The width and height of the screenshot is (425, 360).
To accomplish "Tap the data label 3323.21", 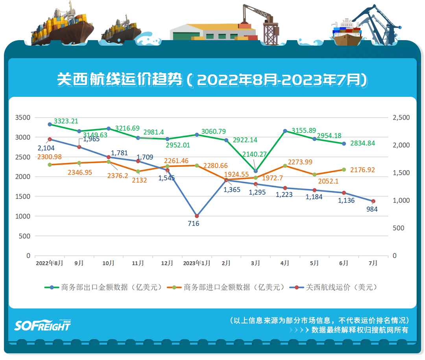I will (66, 121).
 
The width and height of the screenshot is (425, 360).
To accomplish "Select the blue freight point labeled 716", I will (197, 216).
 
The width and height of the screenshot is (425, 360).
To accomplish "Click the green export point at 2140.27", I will (256, 171).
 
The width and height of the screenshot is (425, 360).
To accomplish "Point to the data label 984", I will (371, 209).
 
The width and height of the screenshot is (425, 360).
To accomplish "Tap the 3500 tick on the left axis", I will (22, 118).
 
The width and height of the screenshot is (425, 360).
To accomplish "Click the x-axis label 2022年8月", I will (49, 264).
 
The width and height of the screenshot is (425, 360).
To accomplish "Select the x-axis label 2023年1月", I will (197, 264).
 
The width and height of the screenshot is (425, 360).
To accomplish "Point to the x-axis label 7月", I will (373, 264).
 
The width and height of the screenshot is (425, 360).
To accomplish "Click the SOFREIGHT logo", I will (42, 325).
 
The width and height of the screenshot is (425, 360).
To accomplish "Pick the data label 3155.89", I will (304, 131).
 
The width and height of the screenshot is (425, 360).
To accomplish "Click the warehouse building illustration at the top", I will (213, 31).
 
